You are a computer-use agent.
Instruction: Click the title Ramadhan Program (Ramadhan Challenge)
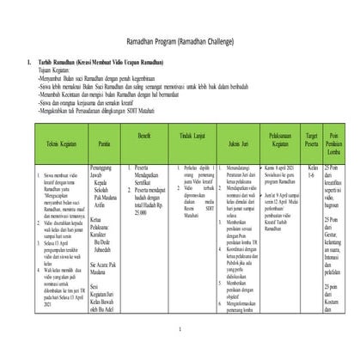click(180, 42)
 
